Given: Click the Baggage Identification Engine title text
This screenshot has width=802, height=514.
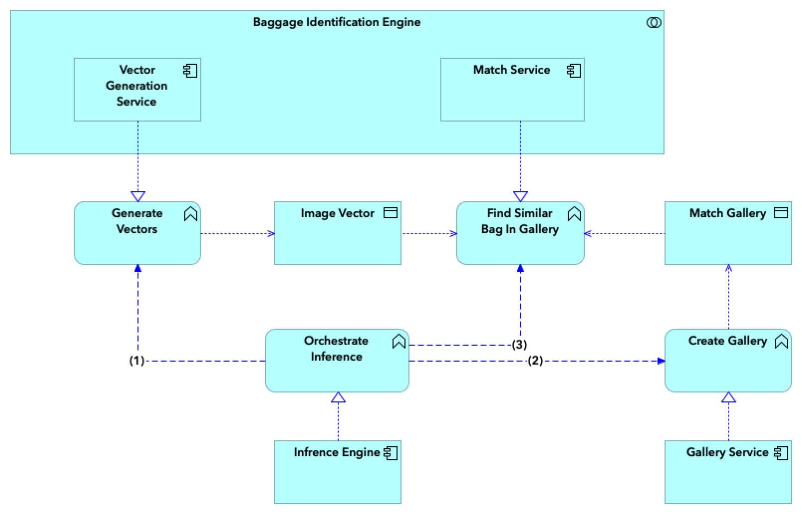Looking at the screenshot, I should tap(336, 22).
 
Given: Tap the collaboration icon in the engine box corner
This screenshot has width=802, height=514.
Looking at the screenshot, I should tap(654, 22).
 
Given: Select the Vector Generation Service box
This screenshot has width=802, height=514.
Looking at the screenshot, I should tap(137, 90).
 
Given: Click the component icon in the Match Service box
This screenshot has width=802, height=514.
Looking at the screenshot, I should tap(574, 71).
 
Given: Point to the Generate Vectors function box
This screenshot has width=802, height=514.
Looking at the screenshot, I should tap(137, 233).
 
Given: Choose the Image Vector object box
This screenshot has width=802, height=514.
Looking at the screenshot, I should tap(337, 233).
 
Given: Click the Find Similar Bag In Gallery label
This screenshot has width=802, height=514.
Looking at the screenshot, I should tap(520, 221).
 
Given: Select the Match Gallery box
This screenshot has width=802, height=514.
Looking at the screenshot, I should tap(728, 233).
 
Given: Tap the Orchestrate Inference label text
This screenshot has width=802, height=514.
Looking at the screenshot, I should tap(336, 349).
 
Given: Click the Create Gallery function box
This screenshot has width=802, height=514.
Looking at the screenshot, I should tap(728, 361).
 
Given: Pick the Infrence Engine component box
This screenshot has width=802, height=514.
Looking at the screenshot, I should tap(337, 472).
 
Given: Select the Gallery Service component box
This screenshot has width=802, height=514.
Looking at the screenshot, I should tap(728, 472).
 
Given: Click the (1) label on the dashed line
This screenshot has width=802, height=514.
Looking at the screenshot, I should tap(136, 361).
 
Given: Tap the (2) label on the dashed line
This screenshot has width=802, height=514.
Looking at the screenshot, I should tap(535, 361).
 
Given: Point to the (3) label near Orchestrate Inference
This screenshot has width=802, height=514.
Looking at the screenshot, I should tap(519, 345).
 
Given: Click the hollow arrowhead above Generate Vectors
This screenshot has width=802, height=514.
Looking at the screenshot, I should tap(137, 196).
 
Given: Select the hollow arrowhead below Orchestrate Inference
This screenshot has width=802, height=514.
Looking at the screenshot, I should tap(338, 397).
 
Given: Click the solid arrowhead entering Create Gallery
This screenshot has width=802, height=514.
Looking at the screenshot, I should tap(661, 361).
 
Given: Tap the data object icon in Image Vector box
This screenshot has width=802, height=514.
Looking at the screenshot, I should tap(391, 213).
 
